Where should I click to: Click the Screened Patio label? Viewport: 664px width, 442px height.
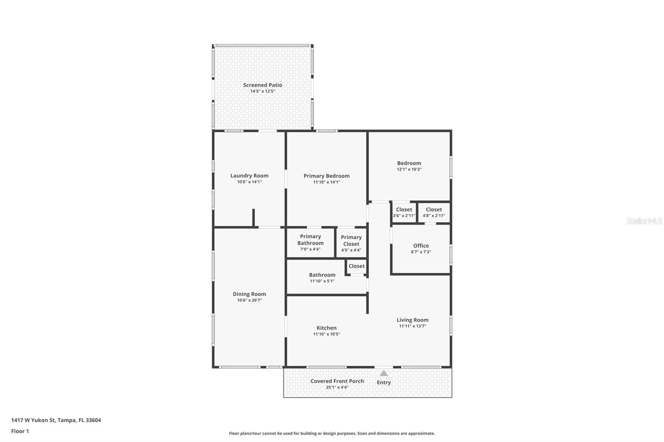click(262, 85)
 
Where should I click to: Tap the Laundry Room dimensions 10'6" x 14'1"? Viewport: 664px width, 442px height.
click(249, 182)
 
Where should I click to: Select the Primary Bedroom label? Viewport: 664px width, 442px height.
click(326, 176)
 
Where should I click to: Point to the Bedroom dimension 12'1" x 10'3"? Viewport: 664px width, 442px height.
click(409, 170)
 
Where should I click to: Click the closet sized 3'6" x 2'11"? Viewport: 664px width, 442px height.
click(404, 213)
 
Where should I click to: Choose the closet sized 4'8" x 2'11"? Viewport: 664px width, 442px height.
click(434, 213)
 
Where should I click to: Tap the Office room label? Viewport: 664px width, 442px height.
click(421, 245)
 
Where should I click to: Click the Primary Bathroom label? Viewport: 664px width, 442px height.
click(310, 240)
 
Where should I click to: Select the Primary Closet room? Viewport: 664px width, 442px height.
click(351, 243)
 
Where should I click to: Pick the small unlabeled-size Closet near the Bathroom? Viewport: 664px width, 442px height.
click(356, 266)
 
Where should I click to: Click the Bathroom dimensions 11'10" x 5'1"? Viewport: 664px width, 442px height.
click(322, 281)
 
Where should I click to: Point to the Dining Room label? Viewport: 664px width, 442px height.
click(249, 294)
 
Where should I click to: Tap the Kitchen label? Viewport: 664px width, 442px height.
click(327, 328)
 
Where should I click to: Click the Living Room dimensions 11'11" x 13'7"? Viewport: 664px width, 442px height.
click(412, 326)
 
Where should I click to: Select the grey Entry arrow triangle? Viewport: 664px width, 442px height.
click(384, 373)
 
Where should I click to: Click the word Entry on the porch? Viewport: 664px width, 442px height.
click(383, 383)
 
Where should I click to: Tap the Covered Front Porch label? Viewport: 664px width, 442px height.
click(337, 381)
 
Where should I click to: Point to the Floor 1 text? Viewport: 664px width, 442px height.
click(20, 431)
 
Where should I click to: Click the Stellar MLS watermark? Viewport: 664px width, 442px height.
click(644, 221)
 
